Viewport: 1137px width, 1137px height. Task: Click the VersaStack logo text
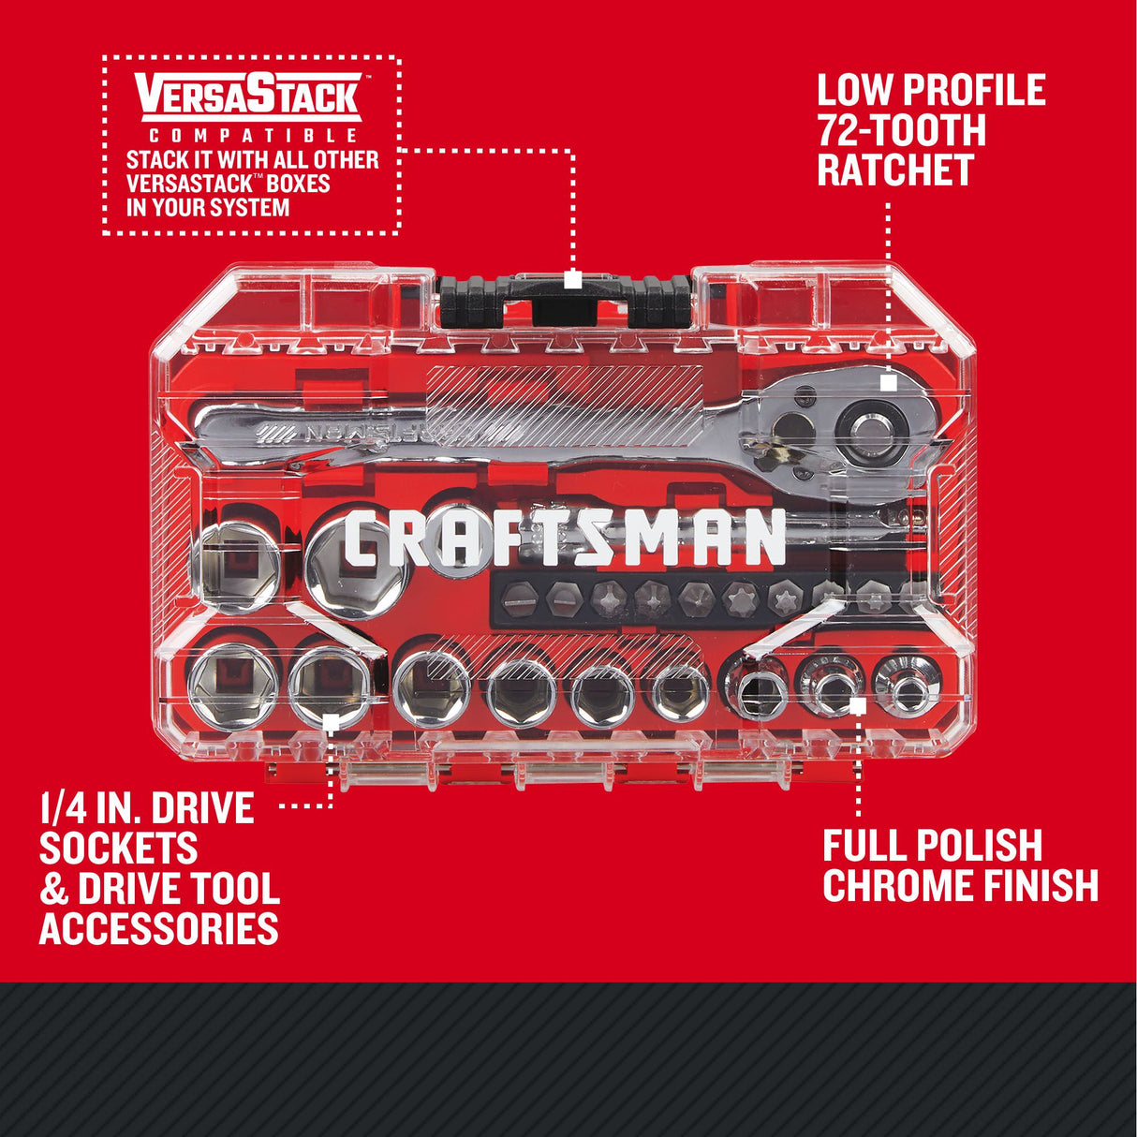tap(249, 96)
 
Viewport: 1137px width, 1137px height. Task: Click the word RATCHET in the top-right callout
tap(895, 170)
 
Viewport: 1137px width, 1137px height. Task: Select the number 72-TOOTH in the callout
tap(902, 130)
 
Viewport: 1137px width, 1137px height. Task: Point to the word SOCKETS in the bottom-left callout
tap(118, 849)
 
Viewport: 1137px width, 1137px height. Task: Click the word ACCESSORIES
tap(159, 929)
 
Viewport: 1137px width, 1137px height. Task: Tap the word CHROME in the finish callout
tap(886, 886)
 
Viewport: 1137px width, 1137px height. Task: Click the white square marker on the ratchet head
tap(889, 382)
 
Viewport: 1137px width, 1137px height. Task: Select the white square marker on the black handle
tap(573, 279)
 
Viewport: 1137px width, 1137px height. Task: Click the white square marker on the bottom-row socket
tap(330, 721)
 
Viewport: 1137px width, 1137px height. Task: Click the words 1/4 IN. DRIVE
tap(147, 807)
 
